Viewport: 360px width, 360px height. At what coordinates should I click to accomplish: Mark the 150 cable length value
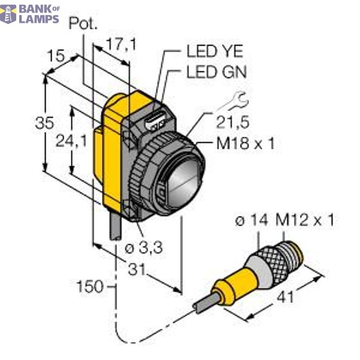tap(91, 284)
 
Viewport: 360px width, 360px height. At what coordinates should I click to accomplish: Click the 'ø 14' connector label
tap(251, 221)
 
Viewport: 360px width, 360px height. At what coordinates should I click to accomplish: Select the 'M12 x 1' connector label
tap(304, 221)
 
